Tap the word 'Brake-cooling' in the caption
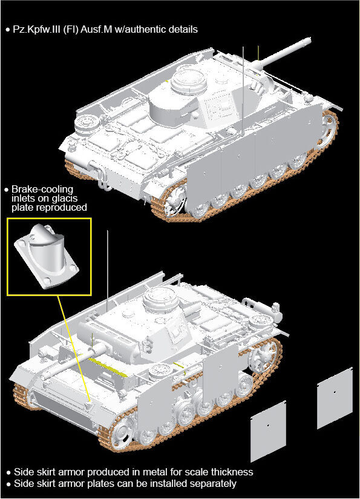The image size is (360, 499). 42,190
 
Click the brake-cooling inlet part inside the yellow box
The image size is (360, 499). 47,256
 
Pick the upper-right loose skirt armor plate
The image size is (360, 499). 335,398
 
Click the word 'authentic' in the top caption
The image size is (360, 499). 152,30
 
